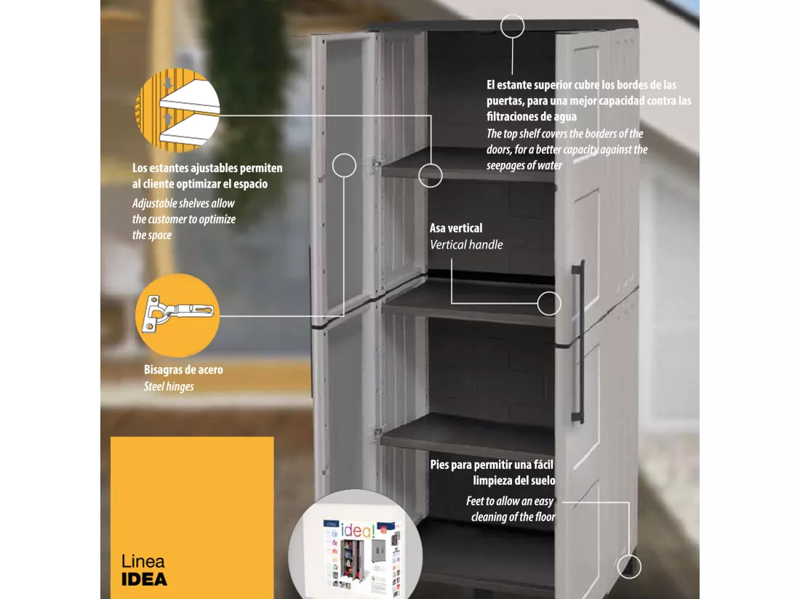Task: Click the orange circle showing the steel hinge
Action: [x=177, y=315]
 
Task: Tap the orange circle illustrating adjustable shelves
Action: [x=177, y=110]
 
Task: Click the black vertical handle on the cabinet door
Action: [x=579, y=342]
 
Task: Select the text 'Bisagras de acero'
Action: [x=183, y=369]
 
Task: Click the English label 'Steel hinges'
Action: [x=169, y=387]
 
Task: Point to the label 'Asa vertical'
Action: [x=455, y=228]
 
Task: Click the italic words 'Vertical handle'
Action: [x=465, y=245]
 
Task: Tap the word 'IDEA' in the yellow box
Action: [x=145, y=579]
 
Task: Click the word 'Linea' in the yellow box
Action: [x=143, y=562]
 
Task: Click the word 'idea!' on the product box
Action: [x=358, y=530]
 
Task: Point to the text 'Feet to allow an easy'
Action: [x=510, y=501]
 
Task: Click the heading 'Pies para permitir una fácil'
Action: [x=492, y=465]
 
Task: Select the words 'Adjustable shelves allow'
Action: [x=183, y=204]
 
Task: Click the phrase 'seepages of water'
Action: [x=524, y=165]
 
